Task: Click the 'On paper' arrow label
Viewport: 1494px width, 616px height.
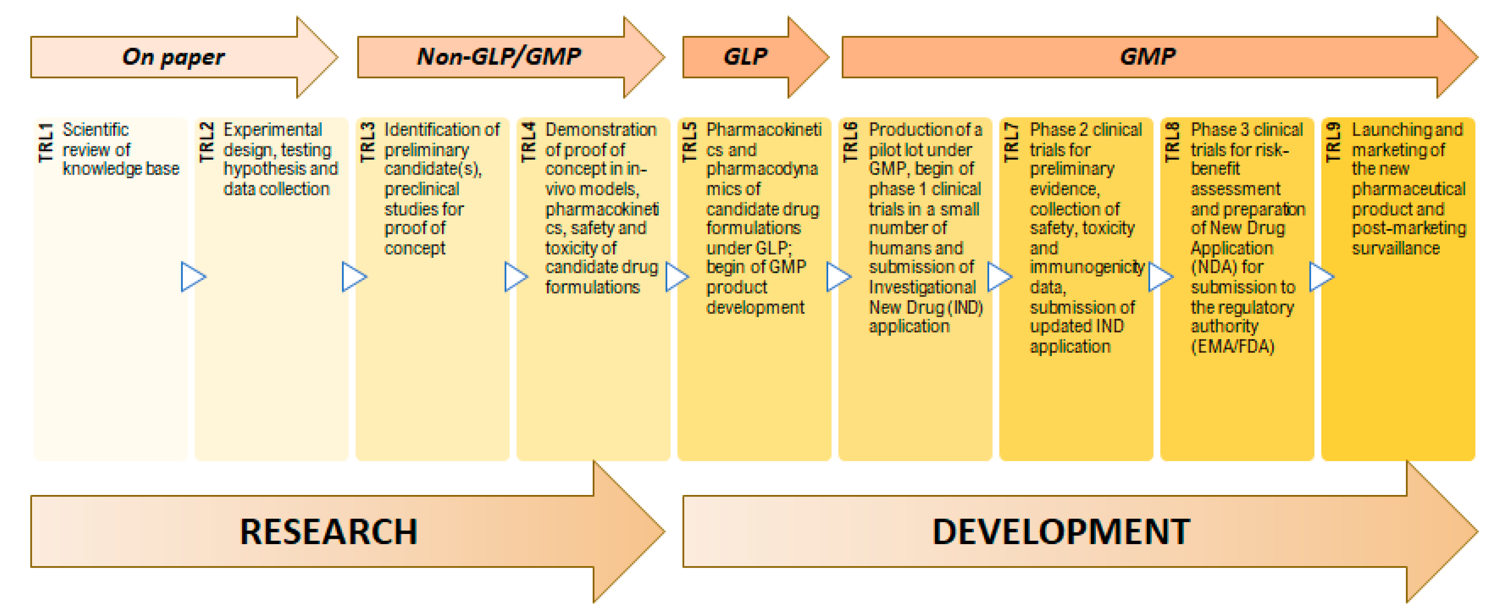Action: [x=173, y=57]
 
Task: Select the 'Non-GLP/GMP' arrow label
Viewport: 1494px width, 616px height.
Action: [x=499, y=56]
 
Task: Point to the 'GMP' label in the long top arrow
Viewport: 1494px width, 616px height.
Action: [x=1147, y=56]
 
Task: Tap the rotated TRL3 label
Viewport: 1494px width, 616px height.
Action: [x=368, y=143]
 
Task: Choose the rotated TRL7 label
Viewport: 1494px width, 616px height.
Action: [x=1011, y=143]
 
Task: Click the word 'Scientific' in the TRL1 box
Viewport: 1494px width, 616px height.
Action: [x=96, y=130]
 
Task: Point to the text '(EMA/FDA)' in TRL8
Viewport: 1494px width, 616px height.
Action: [x=1232, y=346]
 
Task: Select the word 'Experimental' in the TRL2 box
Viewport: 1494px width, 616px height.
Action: [x=273, y=130]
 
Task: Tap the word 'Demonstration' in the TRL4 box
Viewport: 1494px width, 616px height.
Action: [x=601, y=130]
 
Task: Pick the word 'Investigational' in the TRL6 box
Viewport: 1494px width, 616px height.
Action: [x=922, y=287]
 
